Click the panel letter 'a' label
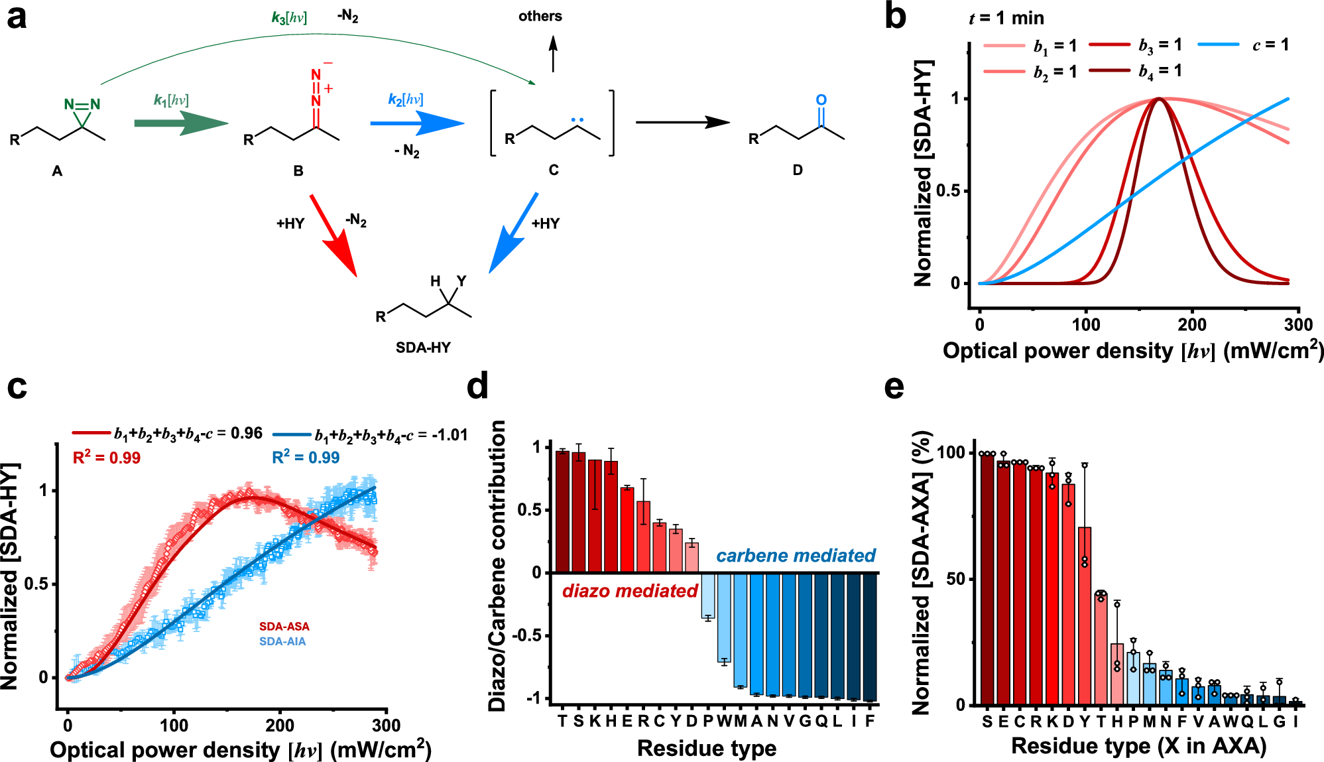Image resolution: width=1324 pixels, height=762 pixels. [17, 18]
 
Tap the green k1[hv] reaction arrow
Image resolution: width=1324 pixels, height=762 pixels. [180, 123]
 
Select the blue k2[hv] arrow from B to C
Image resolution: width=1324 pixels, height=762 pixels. [416, 123]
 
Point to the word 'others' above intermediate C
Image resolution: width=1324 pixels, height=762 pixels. [540, 17]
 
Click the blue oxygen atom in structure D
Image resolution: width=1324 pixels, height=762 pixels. [821, 100]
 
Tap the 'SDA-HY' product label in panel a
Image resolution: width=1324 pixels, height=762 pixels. [423, 348]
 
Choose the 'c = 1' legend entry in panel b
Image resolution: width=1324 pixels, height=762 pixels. [1270, 45]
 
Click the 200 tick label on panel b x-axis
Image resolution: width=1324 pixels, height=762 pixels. [1191, 325]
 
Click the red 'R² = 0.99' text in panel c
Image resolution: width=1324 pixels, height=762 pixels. [107, 458]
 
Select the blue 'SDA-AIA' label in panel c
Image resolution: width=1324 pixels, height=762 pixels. [282, 641]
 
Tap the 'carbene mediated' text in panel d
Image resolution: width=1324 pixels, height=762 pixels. [796, 556]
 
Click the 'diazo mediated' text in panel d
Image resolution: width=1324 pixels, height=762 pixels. [630, 591]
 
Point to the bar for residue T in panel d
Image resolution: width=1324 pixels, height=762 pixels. [562, 511]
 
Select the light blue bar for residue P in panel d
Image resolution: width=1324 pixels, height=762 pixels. [707, 596]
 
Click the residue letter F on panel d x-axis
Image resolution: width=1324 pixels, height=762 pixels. [869, 721]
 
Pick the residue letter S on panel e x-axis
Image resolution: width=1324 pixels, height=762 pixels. [987, 722]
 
